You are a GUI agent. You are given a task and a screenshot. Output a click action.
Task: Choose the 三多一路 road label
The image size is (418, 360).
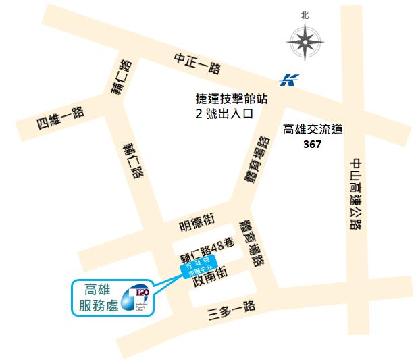pos(232,308)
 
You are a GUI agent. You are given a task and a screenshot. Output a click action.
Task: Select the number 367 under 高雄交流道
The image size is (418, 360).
pos(312,145)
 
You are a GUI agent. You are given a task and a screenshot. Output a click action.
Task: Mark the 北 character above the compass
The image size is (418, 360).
pos(305,14)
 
